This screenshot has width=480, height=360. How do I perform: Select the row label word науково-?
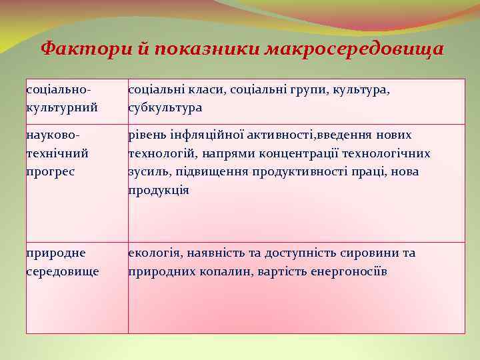click(54, 135)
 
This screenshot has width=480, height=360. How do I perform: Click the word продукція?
click(158, 190)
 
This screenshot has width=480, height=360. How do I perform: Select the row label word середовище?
click(63, 271)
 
